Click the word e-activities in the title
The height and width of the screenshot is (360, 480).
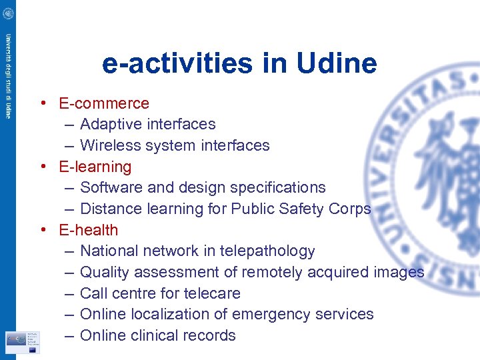(175, 64)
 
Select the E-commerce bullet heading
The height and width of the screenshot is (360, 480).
(104, 103)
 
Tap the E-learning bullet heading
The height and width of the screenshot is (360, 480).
(95, 167)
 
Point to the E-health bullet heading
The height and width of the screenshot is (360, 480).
(89, 230)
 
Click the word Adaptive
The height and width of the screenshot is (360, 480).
(109, 125)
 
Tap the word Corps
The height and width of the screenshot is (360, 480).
(350, 209)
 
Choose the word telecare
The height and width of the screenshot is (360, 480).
(213, 293)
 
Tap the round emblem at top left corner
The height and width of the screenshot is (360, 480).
(8, 13)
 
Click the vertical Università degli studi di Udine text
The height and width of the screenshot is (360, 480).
(8, 76)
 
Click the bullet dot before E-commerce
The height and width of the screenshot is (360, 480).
(42, 103)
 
